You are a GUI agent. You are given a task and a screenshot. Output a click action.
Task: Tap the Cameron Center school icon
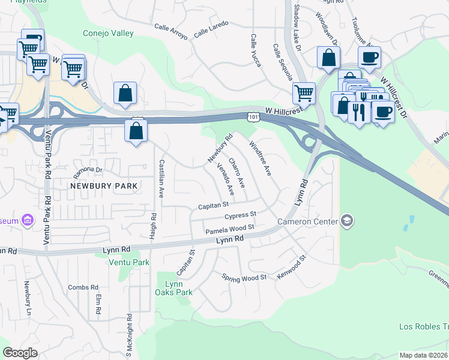coord(346,222)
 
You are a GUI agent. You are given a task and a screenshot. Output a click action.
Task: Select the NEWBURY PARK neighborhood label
coord(104,186)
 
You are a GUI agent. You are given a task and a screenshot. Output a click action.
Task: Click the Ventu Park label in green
coord(128,262)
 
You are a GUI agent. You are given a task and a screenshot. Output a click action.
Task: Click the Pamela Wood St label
coord(231,229)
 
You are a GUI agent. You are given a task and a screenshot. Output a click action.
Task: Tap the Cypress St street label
coord(240,215)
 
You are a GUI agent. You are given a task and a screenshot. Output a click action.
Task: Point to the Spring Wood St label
coord(244,278)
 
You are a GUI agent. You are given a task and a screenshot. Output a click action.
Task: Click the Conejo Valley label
coord(108,34)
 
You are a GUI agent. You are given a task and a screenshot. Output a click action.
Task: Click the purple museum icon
coord(28,221)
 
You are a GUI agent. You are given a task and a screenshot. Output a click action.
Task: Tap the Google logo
coord(20,353)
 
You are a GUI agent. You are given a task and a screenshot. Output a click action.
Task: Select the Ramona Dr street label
coord(88,172)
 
